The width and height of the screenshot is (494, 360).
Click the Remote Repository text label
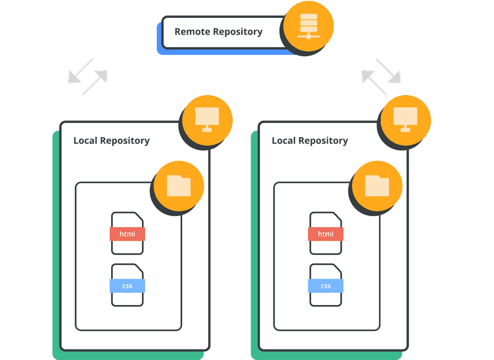(219, 32)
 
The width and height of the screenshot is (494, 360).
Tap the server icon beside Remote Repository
(308, 27)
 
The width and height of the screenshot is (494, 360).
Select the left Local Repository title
(112, 140)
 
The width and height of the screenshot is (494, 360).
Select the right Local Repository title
(310, 140)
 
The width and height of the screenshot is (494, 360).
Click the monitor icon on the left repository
(207, 120)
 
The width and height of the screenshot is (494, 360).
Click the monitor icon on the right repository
(406, 120)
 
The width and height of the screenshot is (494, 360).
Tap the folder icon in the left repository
(178, 186)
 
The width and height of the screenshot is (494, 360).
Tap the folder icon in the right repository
(377, 186)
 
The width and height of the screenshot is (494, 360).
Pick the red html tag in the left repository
(127, 234)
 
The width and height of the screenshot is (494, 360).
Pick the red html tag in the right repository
(326, 234)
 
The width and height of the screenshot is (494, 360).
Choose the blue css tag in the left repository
(127, 286)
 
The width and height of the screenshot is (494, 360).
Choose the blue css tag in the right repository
(326, 286)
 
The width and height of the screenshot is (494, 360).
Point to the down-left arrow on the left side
(81, 71)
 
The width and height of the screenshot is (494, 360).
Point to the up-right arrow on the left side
(95, 83)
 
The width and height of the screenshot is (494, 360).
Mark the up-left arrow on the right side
(374, 83)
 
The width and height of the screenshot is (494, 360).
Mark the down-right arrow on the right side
(388, 71)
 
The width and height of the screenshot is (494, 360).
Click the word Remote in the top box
(193, 31)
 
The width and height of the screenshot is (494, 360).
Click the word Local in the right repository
(283, 140)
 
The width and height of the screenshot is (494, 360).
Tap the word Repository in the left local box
(125, 141)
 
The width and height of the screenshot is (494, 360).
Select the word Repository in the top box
(238, 32)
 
